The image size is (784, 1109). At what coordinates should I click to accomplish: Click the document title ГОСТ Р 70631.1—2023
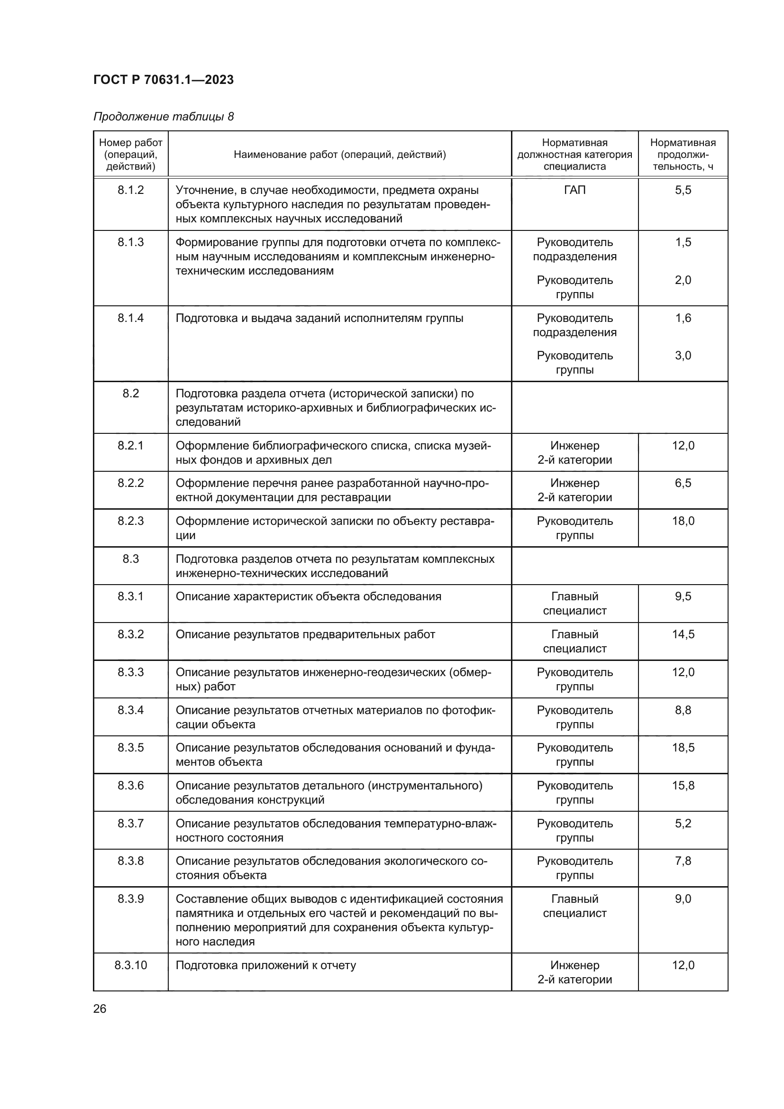163,80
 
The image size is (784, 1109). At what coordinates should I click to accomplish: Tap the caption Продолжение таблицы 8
163,117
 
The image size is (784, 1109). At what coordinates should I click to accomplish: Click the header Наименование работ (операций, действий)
339,155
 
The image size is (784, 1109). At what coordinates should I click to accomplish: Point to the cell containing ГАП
574,190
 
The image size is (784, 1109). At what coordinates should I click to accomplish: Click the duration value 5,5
683,190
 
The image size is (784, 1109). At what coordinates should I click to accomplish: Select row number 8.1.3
130,242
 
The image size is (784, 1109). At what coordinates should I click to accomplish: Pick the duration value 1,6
683,318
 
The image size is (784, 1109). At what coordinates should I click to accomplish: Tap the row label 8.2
130,393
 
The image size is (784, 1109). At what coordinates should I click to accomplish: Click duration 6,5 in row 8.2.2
683,483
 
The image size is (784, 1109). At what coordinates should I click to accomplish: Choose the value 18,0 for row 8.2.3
683,521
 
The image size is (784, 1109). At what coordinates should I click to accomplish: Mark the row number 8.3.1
130,596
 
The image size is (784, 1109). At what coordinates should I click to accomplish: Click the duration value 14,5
683,634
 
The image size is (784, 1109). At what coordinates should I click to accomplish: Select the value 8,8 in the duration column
683,710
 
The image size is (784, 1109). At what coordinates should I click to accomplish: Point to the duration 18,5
683,748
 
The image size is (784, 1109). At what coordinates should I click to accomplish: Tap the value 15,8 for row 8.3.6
683,785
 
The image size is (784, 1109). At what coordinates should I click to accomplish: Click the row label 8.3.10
130,965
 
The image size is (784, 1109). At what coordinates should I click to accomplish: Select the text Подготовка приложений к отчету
265,965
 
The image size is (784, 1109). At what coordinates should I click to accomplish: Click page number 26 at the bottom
100,1009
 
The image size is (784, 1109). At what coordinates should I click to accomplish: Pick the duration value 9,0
683,899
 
